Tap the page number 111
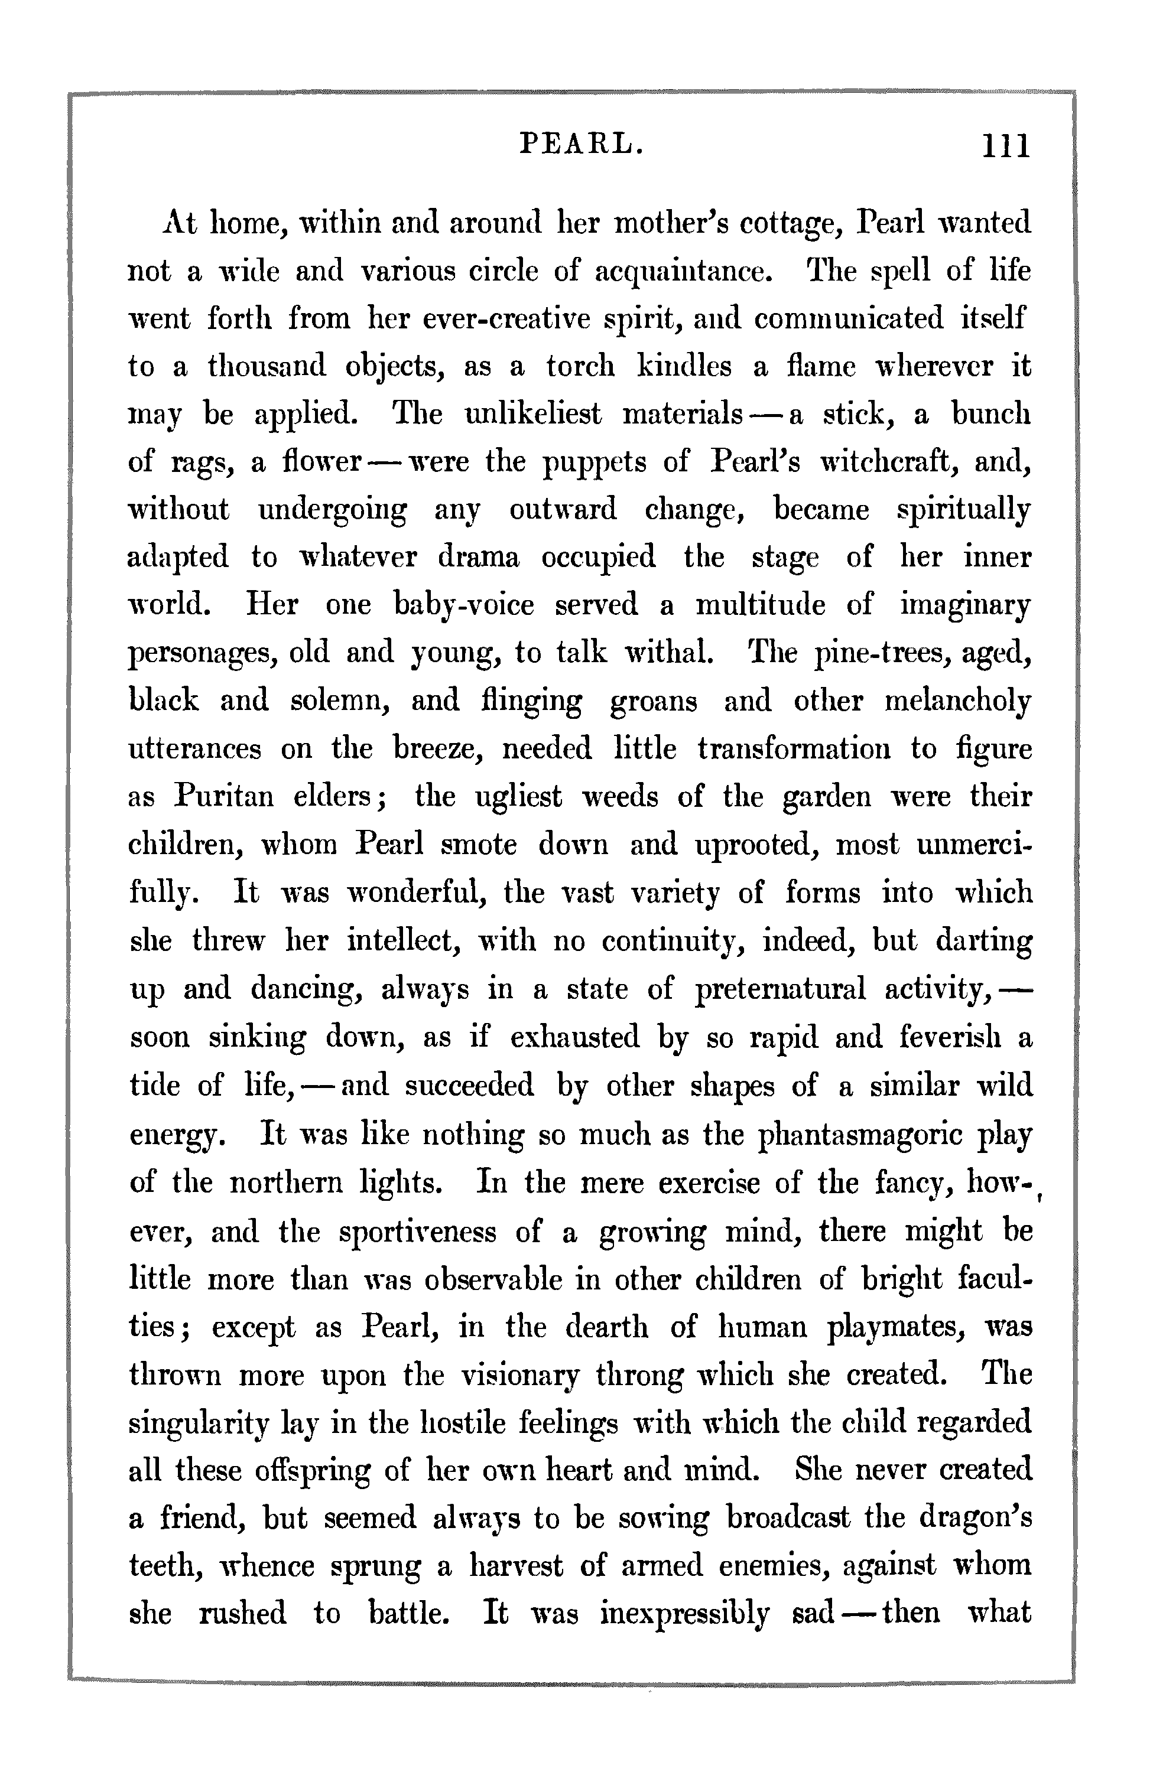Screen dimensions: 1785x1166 pos(1007,145)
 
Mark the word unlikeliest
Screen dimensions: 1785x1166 pos(532,415)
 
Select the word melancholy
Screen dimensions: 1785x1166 pos(957,702)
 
